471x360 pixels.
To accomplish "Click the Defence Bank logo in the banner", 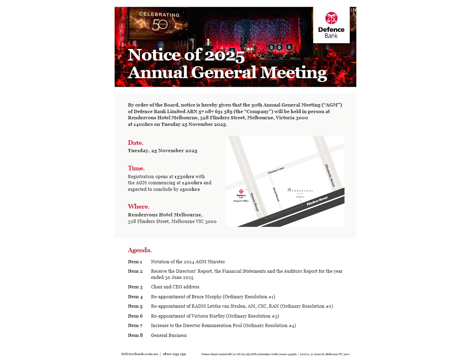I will click(x=331, y=25).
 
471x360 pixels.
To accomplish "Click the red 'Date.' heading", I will click(x=136, y=143).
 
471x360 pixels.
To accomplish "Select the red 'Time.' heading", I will click(x=136, y=168).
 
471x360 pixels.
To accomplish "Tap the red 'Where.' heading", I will click(x=139, y=207).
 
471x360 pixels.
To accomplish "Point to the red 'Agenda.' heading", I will click(x=140, y=250).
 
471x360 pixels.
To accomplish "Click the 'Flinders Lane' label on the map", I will click(x=276, y=170).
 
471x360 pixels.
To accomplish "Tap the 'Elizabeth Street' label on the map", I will click(x=332, y=176).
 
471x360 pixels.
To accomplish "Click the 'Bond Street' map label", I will click(x=276, y=194).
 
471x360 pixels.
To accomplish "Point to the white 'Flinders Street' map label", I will click(x=317, y=201).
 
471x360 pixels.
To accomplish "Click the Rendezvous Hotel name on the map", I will click(x=300, y=191).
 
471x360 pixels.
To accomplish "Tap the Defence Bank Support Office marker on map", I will click(x=241, y=196).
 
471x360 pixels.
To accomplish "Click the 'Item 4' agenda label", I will click(x=135, y=297).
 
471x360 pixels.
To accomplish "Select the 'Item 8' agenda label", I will click(x=135, y=335).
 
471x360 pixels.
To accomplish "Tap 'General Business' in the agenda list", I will click(x=169, y=335).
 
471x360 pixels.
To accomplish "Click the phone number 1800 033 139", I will click(x=175, y=354).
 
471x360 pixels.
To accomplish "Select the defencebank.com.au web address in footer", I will click(x=139, y=354).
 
